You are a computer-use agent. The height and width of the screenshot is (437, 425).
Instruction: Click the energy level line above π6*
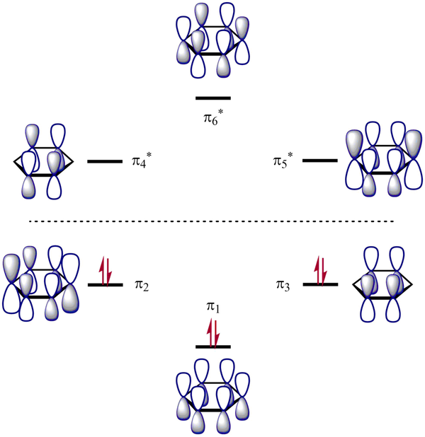213,98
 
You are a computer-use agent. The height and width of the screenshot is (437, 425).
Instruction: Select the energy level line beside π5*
320,161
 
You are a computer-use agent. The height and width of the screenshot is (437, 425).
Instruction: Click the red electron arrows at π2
105,272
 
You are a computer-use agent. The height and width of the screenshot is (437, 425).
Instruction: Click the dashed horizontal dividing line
212,221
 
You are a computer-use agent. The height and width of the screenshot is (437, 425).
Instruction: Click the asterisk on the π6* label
220,110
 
